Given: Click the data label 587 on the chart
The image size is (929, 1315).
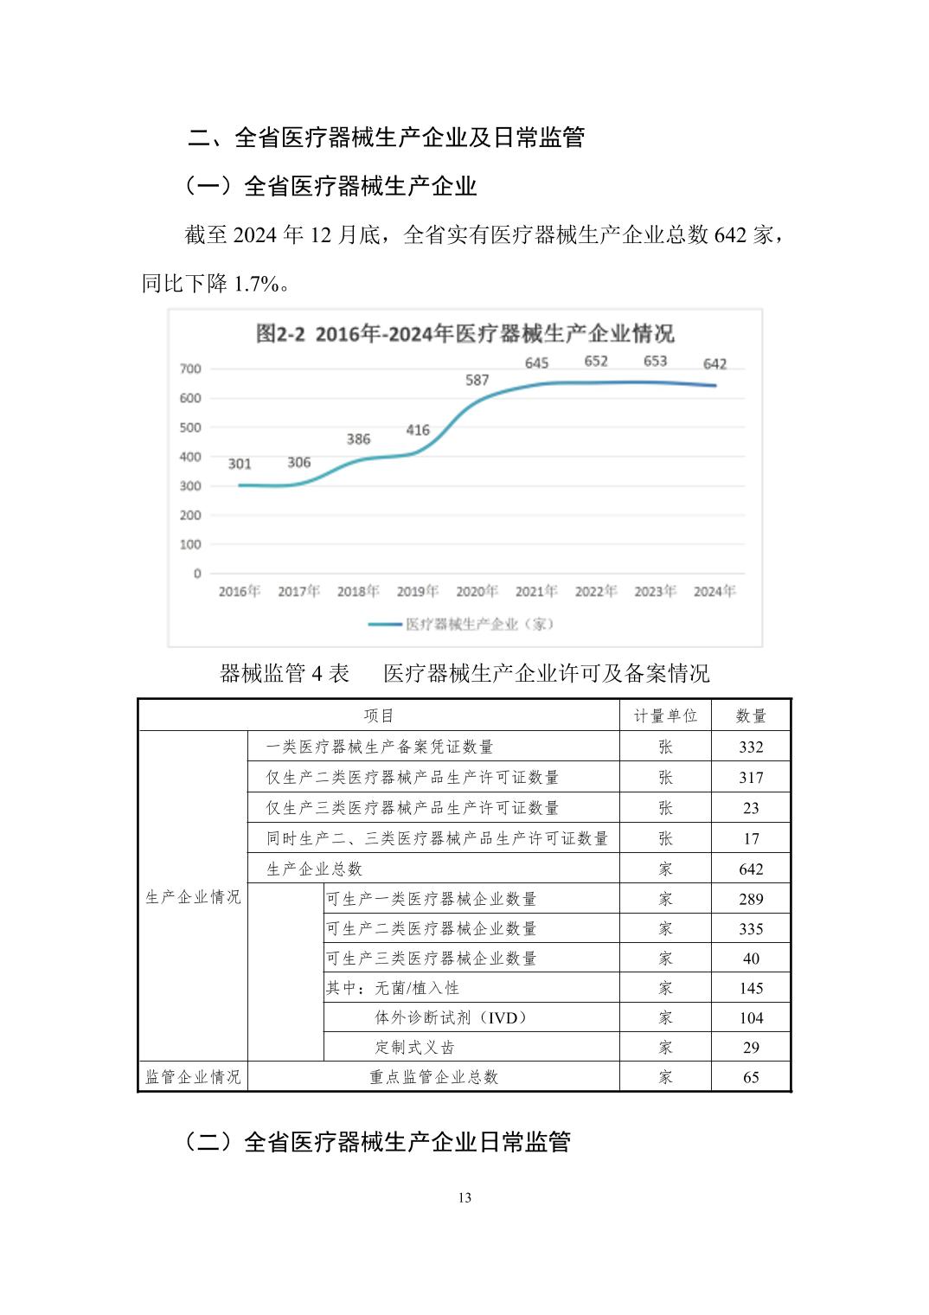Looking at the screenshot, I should click(x=477, y=380).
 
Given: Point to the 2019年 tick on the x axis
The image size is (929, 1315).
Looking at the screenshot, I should click(x=417, y=592).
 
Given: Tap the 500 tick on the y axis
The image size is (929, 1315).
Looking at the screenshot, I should click(x=190, y=427).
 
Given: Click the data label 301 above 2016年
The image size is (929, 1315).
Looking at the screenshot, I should click(x=240, y=464).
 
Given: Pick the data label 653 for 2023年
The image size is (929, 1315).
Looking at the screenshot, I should click(x=655, y=361).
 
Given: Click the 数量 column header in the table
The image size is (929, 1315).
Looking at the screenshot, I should click(x=751, y=716).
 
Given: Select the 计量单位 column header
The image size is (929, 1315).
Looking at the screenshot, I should click(x=665, y=716).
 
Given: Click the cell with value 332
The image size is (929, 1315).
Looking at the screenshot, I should click(x=751, y=747).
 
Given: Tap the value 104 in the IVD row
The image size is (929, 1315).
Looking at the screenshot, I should click(x=751, y=1018).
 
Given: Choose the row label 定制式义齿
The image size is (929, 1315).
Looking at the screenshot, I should click(x=414, y=1048).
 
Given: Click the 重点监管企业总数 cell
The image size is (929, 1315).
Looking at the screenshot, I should click(x=434, y=1077).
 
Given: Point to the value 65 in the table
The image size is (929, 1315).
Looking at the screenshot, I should click(x=751, y=1077).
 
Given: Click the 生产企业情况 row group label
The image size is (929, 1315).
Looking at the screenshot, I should click(x=193, y=897).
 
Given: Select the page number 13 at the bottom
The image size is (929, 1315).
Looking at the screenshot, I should click(x=464, y=1198).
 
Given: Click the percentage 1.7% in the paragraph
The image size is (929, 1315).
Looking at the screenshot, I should click(x=257, y=283).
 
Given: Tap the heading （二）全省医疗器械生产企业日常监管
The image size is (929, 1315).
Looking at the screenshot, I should click(x=378, y=1142).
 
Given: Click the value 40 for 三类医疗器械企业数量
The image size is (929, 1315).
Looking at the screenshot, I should click(x=751, y=959).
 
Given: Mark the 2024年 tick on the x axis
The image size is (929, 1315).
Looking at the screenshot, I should click(x=714, y=592).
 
